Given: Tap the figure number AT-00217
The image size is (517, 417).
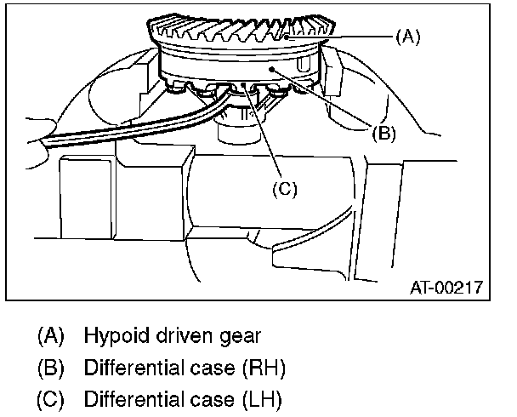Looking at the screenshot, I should tap(447, 288).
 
